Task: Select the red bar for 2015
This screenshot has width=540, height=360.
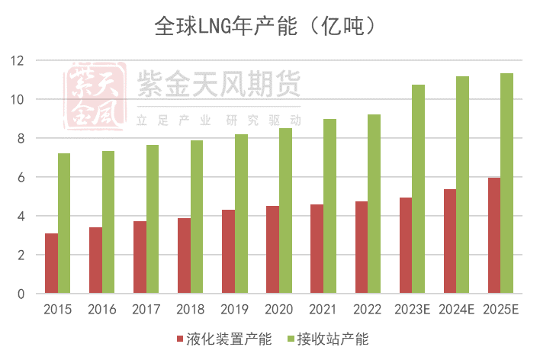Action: pos(51,263)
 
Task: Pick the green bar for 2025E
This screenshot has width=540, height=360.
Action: pos(506,183)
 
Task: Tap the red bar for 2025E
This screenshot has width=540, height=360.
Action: pos(493,236)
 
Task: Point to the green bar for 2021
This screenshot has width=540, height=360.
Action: pos(329,206)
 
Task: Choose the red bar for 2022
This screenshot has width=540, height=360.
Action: pos(361,247)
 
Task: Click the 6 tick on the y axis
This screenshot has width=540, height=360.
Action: pos(21,177)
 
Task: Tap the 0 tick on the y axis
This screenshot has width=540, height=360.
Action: pos(21,294)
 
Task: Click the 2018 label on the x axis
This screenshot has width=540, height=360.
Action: pos(190,310)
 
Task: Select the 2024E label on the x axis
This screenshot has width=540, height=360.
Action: pos(456,310)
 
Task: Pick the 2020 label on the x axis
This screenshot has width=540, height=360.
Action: pos(278,310)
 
